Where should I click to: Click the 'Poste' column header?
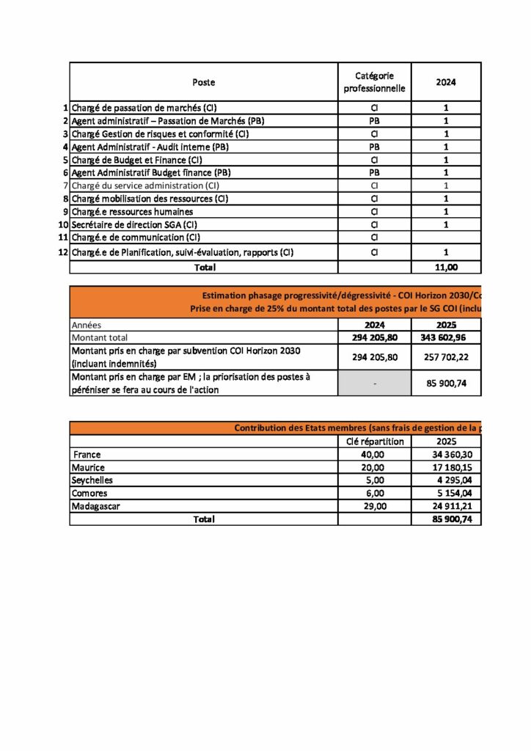tap(203, 82)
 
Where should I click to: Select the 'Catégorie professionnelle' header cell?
tap(374, 82)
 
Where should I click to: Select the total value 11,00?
tap(446, 268)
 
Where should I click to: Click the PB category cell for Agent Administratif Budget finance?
tap(374, 172)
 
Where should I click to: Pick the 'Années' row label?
tap(87, 324)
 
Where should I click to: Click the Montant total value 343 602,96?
tap(446, 337)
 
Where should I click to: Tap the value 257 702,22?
tap(446, 357)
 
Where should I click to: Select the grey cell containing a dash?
tap(374, 383)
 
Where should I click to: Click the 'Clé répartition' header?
tap(374, 441)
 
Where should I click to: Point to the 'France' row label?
tap(87, 455)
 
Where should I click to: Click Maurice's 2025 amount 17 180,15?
tap(446, 467)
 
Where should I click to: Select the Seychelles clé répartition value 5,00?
tap(374, 480)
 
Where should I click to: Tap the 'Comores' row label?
tap(89, 493)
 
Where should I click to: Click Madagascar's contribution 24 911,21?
tap(446, 506)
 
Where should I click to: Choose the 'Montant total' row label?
tap(101, 337)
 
